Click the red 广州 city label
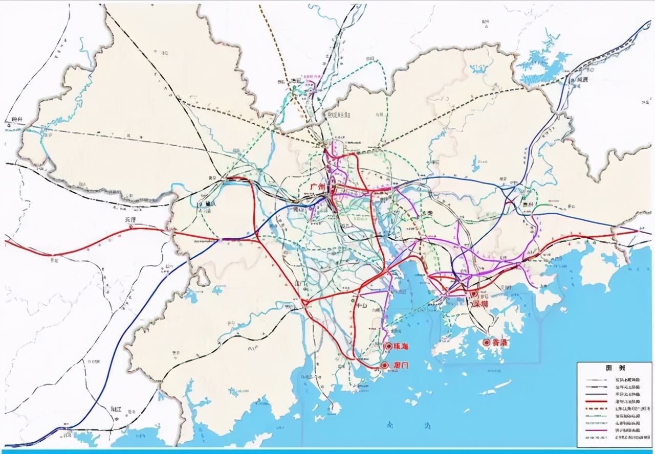(x=318, y=187)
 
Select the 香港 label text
(x=499, y=343)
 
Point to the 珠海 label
(x=400, y=347)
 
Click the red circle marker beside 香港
(x=486, y=343)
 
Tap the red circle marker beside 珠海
(x=388, y=346)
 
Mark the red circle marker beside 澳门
(x=385, y=366)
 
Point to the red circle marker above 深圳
(x=474, y=293)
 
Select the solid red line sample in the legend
(x=598, y=402)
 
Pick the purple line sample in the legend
(x=598, y=431)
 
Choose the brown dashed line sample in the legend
(x=598, y=409)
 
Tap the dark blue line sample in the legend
(x=598, y=395)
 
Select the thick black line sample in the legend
(x=598, y=388)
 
